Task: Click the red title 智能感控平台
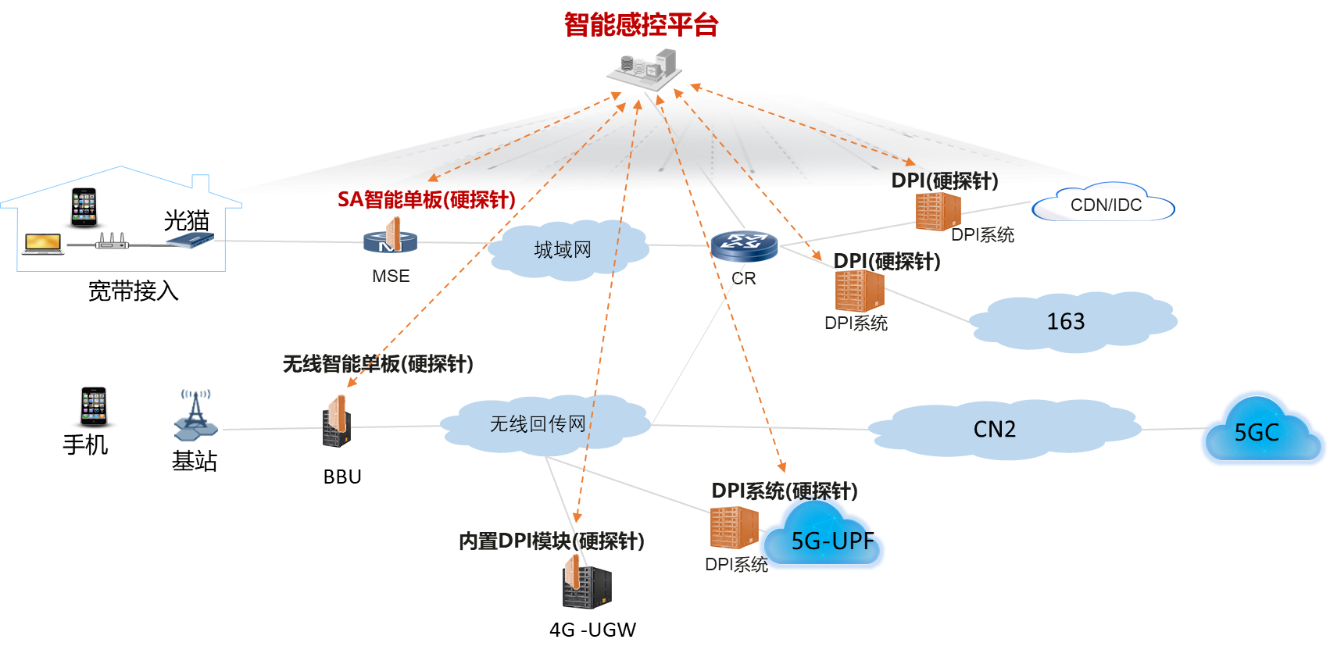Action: coord(641,25)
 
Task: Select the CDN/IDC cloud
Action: coord(1103,205)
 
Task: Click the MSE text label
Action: coord(391,277)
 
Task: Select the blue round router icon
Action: coord(744,245)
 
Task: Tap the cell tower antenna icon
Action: coord(195,414)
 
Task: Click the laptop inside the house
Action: coord(43,244)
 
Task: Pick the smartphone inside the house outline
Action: coord(84,207)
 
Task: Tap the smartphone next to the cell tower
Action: coord(94,406)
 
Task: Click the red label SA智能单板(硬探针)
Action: coord(427,200)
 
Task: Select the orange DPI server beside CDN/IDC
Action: coord(938,212)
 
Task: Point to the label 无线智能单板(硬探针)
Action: coord(377,364)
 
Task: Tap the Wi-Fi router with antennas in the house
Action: coord(112,242)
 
